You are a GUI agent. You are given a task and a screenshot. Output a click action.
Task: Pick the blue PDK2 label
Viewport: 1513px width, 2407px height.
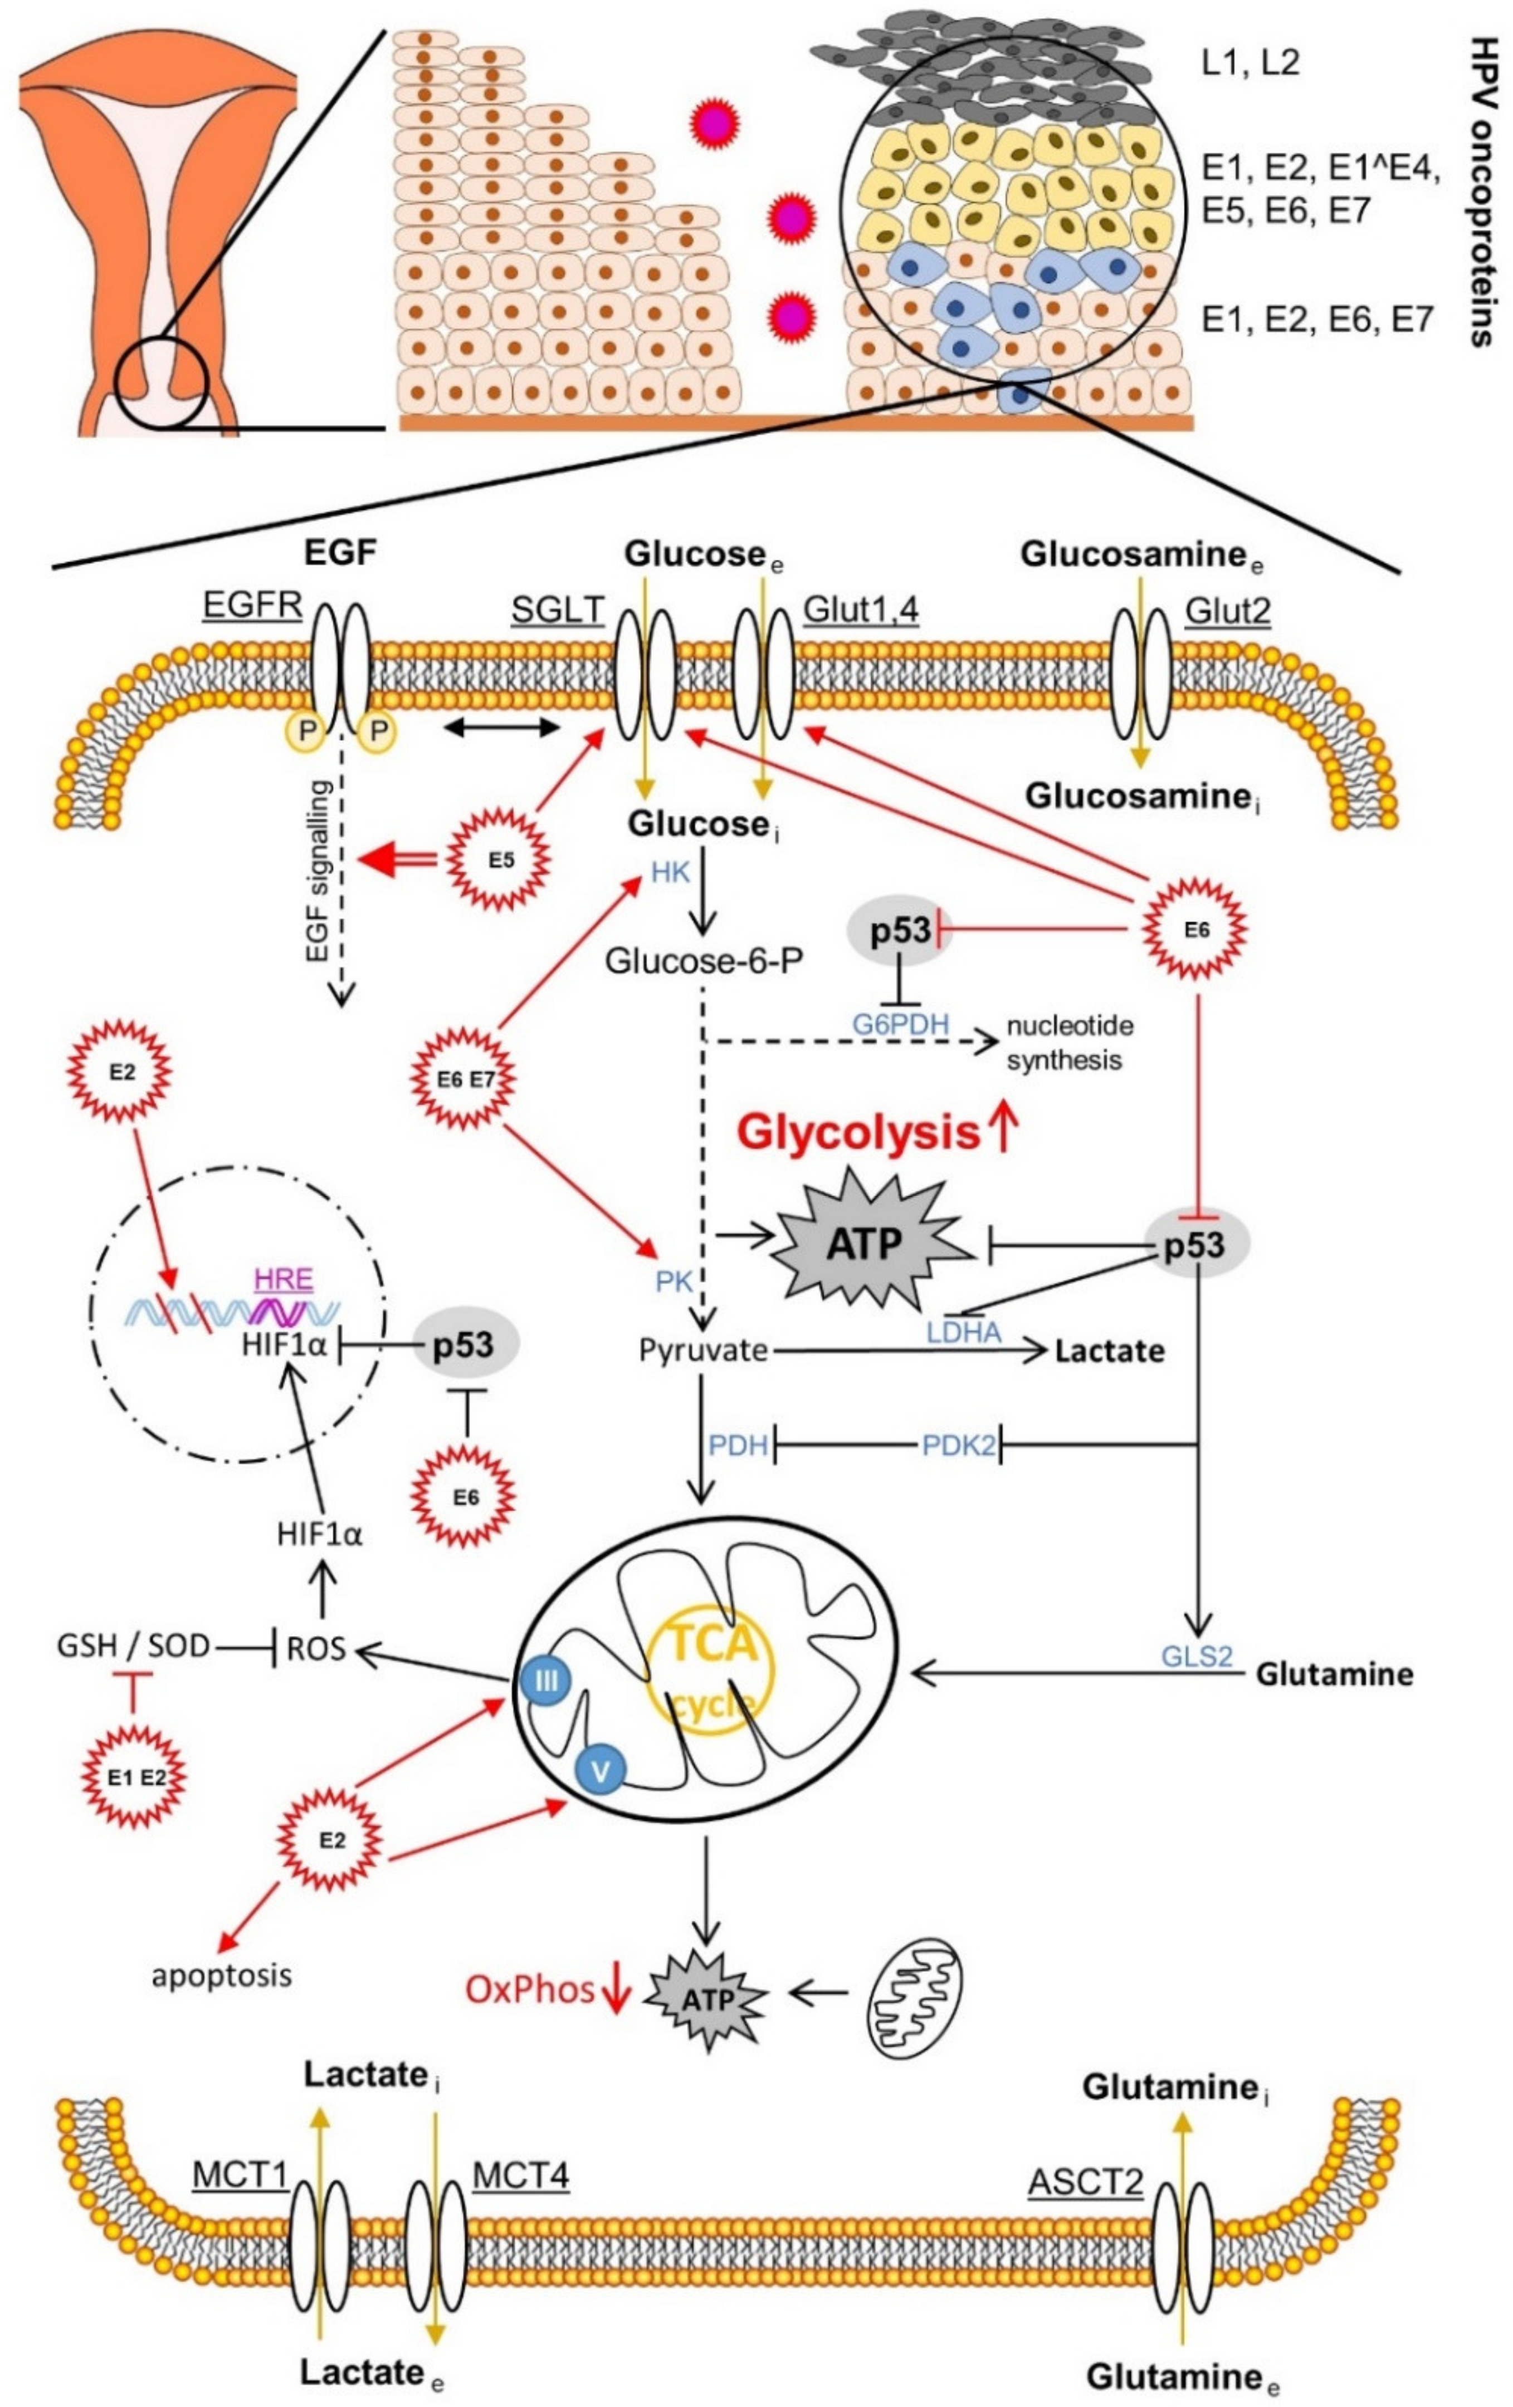[958, 1446]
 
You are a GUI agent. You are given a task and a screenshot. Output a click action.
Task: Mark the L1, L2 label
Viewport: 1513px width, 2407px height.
[1250, 63]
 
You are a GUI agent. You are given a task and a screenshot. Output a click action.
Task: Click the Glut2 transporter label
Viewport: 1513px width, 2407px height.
[1227, 609]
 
